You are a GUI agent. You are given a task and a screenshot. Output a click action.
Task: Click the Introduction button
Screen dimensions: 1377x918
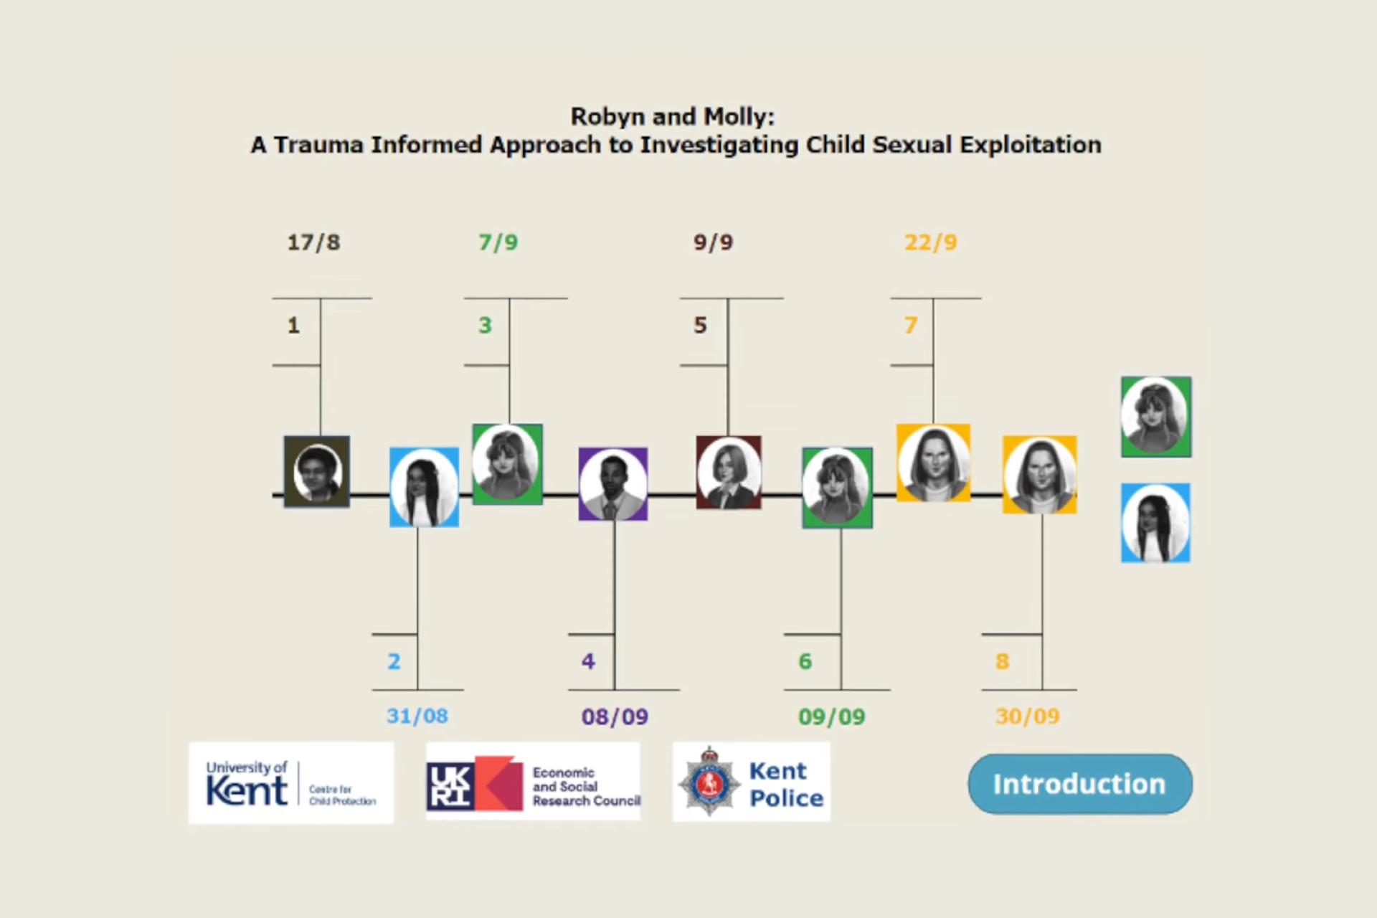[x=1080, y=784]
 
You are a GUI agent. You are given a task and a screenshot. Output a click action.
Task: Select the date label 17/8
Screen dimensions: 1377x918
[x=314, y=242]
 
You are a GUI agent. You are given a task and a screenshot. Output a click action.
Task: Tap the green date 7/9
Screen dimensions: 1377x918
[x=498, y=242]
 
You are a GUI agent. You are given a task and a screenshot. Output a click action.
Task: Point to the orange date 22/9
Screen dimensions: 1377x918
[x=931, y=242]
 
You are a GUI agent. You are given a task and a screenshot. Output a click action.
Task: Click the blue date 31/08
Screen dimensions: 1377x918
[x=417, y=716]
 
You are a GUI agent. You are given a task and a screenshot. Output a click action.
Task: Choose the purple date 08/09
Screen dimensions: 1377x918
[x=615, y=716]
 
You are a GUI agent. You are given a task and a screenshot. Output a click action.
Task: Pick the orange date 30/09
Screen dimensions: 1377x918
[x=1028, y=716]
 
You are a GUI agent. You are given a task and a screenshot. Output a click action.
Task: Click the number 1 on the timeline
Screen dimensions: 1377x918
[x=293, y=326]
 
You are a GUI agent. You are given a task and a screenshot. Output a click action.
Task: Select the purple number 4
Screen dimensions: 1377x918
[x=588, y=661]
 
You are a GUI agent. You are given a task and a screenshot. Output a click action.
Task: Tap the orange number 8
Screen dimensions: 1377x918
[x=1003, y=661]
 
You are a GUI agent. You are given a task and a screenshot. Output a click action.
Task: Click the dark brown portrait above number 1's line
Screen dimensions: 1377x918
[x=317, y=472]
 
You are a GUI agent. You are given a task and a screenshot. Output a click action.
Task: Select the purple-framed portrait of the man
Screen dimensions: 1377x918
[x=613, y=484]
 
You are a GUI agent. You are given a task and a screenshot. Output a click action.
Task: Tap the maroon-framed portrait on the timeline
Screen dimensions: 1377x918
[x=729, y=473]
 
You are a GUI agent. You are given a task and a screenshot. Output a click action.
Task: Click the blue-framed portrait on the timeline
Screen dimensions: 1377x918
[x=425, y=488]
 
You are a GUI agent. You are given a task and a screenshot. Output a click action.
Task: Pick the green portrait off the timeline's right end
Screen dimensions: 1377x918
[x=1156, y=417]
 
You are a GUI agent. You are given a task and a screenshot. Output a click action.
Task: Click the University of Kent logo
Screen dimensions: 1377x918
[x=291, y=783]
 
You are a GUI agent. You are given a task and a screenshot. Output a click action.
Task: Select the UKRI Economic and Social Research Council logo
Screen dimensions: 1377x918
[x=533, y=782]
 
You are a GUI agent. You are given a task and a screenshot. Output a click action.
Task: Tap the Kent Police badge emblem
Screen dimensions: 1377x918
[x=709, y=782]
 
